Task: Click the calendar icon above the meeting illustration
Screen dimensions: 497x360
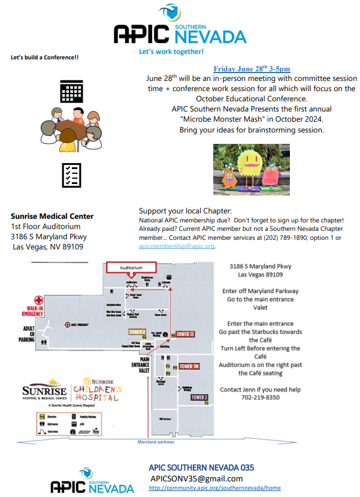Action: click(x=71, y=91)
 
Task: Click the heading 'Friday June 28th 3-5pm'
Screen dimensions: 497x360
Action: click(x=252, y=69)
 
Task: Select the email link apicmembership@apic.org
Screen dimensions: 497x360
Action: click(x=177, y=246)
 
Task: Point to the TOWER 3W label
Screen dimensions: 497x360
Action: click(x=189, y=366)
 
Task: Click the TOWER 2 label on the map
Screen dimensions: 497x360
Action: click(x=199, y=397)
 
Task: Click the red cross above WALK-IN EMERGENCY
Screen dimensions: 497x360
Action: click(x=39, y=300)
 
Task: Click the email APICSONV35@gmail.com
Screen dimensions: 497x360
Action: click(x=196, y=478)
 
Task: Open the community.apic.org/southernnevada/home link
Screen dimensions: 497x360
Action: click(x=214, y=489)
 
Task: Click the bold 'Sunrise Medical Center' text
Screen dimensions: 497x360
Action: click(x=52, y=216)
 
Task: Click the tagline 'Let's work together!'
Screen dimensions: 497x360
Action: click(x=171, y=52)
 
